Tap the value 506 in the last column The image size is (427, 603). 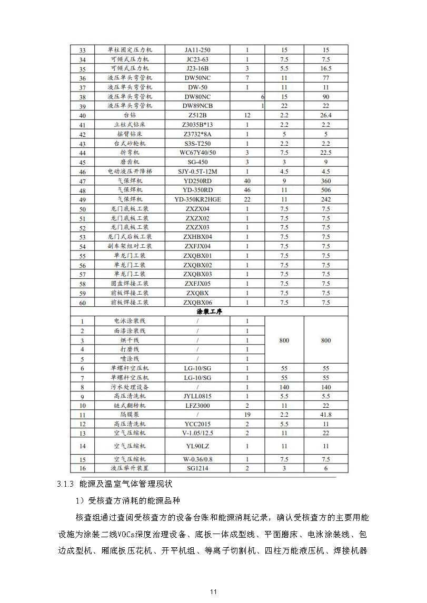[x=326, y=190]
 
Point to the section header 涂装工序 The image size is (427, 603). [x=210, y=311]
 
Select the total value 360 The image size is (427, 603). [x=326, y=180]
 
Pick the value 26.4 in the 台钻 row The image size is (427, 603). [x=326, y=115]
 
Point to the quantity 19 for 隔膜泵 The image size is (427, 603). [x=247, y=415]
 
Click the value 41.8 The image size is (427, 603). [x=326, y=415]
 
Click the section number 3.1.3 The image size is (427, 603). [x=65, y=483]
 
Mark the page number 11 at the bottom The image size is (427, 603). [x=213, y=592]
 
